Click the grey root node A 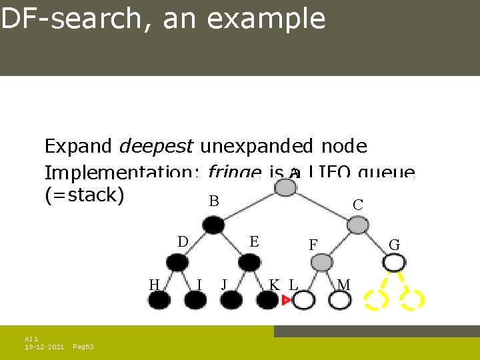(x=286, y=187)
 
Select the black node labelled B (x=213, y=225)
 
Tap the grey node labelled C (x=358, y=225)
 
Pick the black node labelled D (x=177, y=263)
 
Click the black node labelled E (x=249, y=263)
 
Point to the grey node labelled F (x=322, y=263)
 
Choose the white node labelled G (x=394, y=262)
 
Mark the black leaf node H (x=159, y=300)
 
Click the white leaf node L (x=303, y=301)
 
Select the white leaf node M (x=339, y=301)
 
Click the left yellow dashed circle (x=376, y=300)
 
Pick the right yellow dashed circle (x=413, y=300)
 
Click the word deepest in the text (x=156, y=146)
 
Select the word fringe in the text (x=233, y=173)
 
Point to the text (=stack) (x=84, y=196)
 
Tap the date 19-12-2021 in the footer (x=44, y=347)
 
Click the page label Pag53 (x=83, y=347)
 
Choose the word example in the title (x=266, y=19)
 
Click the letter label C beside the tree (x=358, y=205)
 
